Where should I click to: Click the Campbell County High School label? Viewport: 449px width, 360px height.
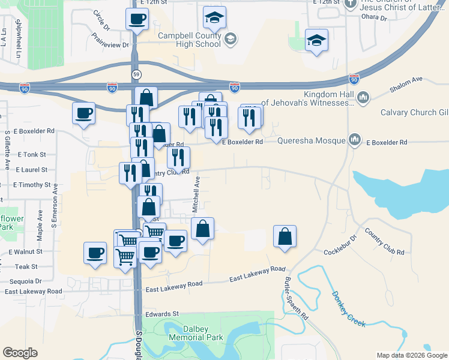tap(189, 40)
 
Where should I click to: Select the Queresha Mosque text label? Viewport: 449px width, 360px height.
tap(312, 141)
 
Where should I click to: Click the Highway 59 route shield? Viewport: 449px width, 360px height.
tap(136, 74)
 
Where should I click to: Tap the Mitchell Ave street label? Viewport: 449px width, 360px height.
tap(195, 194)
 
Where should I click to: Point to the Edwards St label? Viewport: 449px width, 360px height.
tap(163, 314)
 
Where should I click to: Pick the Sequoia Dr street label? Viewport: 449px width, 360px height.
tap(25, 280)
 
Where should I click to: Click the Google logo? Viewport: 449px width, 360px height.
tap(20, 353)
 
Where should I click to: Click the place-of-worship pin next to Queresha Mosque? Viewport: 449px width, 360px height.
tap(355, 140)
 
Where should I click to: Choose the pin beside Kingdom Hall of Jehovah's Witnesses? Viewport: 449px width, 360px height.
tap(363, 97)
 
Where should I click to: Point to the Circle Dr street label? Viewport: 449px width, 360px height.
tap(102, 20)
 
